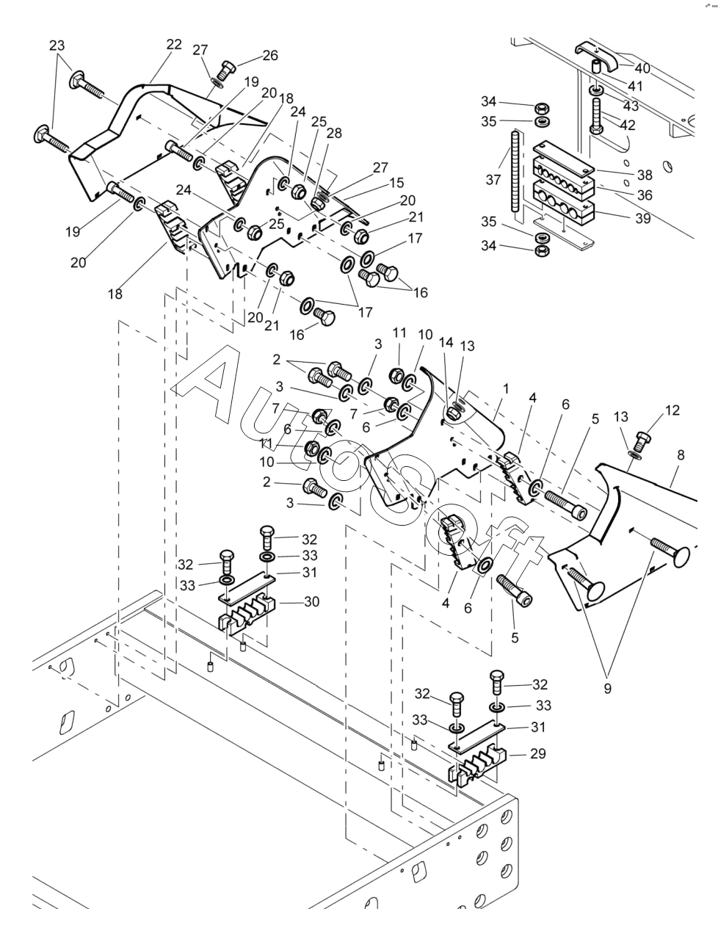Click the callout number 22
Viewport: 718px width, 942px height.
(174, 45)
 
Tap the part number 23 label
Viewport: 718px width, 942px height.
(57, 45)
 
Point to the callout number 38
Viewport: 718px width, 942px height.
(645, 175)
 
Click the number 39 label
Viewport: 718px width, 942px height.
(643, 218)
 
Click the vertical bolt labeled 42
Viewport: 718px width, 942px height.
(597, 115)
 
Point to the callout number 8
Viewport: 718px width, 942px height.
(681, 455)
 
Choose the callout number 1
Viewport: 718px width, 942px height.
(506, 389)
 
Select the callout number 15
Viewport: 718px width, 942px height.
(396, 182)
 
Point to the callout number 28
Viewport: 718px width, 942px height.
(334, 133)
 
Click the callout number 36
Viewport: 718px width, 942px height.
(645, 195)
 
